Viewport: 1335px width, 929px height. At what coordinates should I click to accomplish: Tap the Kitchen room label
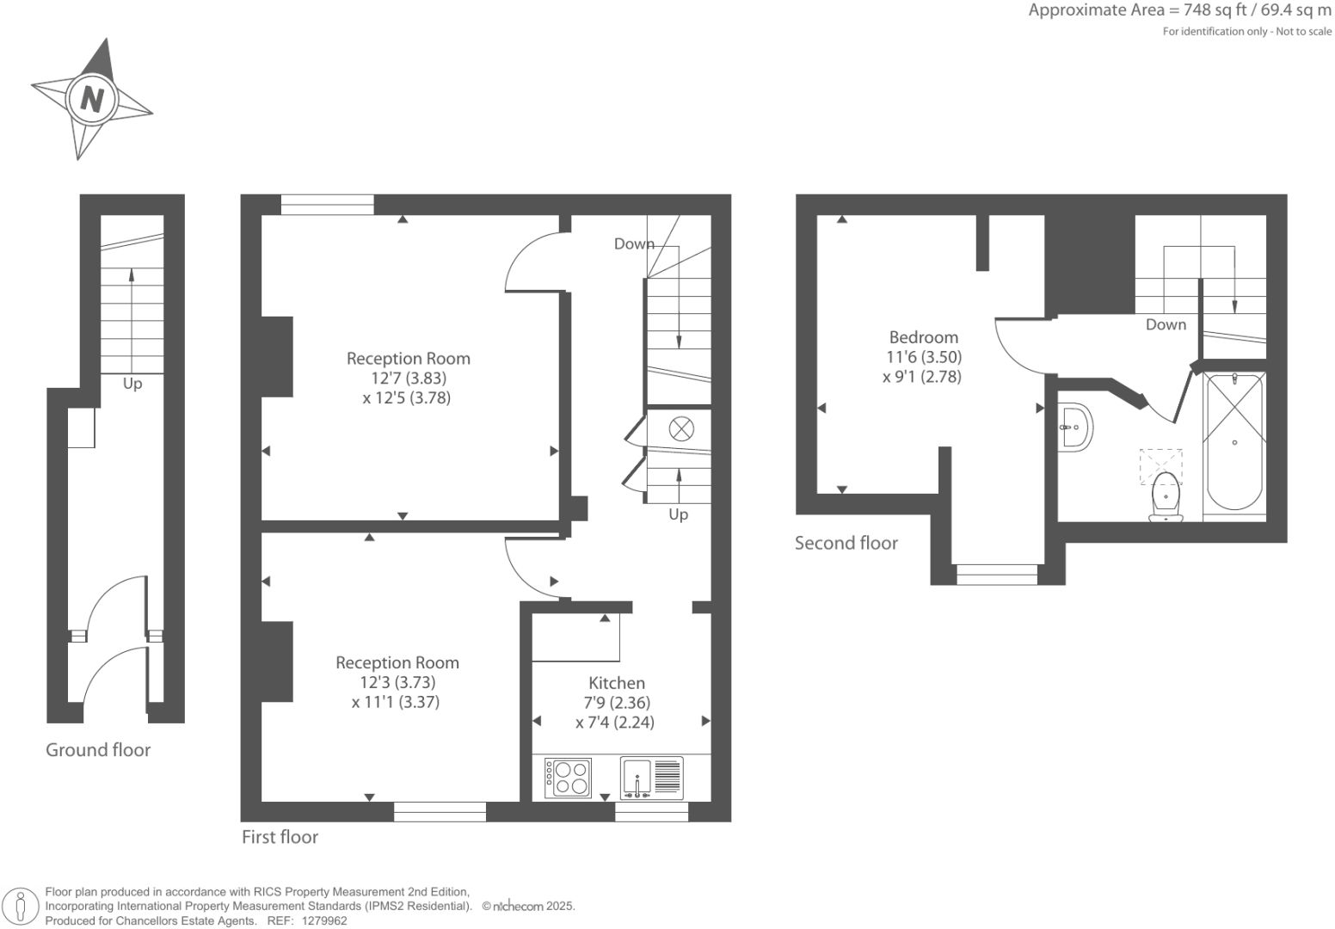pos(616,683)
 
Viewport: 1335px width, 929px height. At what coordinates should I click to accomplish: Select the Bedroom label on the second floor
pos(923,337)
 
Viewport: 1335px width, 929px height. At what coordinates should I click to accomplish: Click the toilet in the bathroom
pos(1166,497)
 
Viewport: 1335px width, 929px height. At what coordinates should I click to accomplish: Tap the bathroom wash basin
pos(1075,426)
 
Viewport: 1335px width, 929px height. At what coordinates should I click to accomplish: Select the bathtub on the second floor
pos(1234,444)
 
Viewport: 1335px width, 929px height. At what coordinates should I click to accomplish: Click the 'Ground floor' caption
pos(98,750)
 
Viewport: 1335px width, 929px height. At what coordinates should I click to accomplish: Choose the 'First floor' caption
pos(280,837)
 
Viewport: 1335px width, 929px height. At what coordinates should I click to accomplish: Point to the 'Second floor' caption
pos(846,543)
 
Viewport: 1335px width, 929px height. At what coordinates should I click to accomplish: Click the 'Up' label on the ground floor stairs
pos(132,384)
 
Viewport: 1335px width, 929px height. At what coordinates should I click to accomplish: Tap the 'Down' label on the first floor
pos(634,244)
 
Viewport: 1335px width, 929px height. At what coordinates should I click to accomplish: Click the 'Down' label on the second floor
pos(1166,324)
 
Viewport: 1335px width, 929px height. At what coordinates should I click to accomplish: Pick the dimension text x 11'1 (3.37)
pos(396,702)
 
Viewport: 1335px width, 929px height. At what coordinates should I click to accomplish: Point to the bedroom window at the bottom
pos(997,575)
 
